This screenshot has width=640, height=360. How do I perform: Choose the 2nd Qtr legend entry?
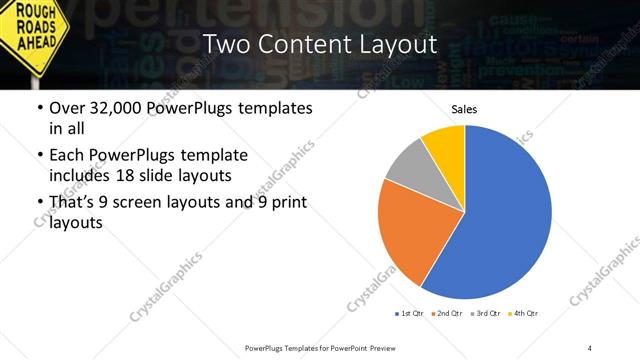coord(446,314)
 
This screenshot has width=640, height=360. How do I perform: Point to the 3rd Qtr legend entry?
coord(484,314)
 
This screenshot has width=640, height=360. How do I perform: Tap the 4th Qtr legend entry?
coord(523,314)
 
